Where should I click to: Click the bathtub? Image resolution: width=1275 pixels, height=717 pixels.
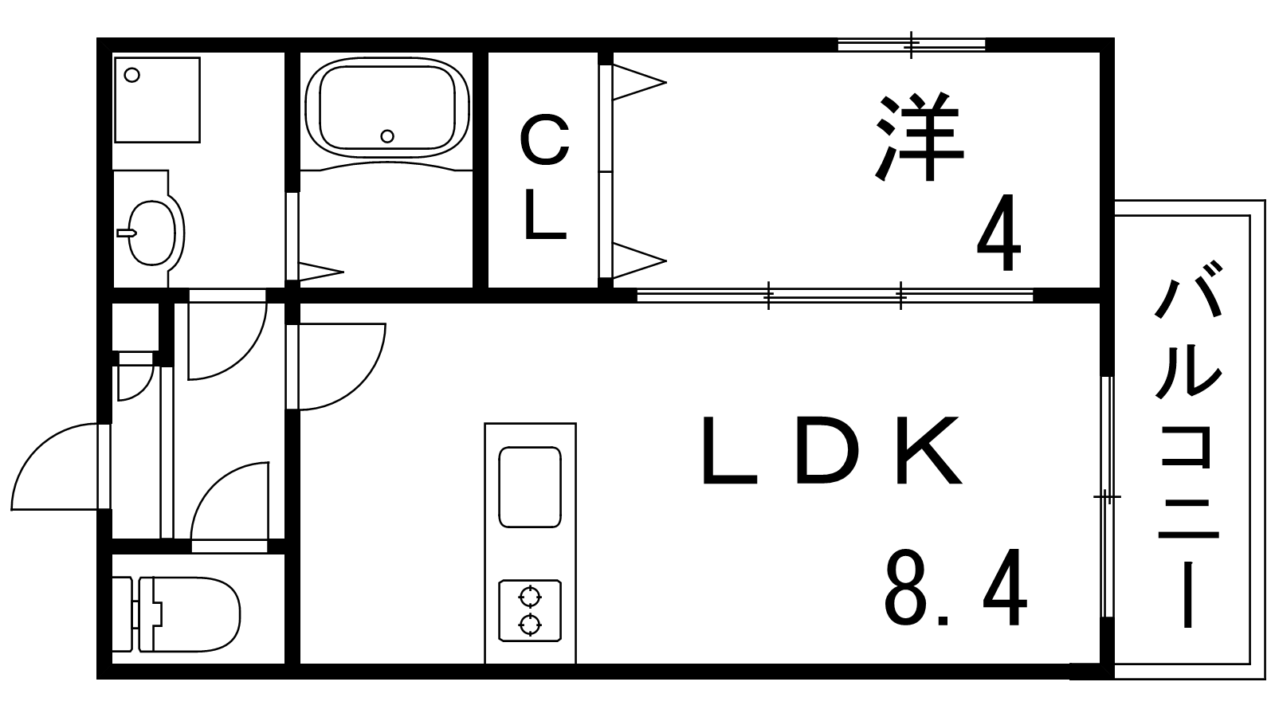click(387, 104)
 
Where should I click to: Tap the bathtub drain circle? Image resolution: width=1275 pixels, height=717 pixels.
click(387, 136)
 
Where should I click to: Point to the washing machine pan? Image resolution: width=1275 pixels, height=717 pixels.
click(156, 99)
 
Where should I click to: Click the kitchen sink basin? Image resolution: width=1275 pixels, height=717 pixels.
click(529, 487)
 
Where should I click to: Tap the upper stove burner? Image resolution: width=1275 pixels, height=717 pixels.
click(530, 595)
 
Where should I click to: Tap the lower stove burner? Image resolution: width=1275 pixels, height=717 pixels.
click(530, 623)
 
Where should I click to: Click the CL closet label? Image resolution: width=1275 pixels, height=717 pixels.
click(545, 178)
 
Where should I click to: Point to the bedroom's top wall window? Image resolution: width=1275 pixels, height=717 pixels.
click(912, 45)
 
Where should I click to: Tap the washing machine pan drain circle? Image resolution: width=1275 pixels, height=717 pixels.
click(132, 75)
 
